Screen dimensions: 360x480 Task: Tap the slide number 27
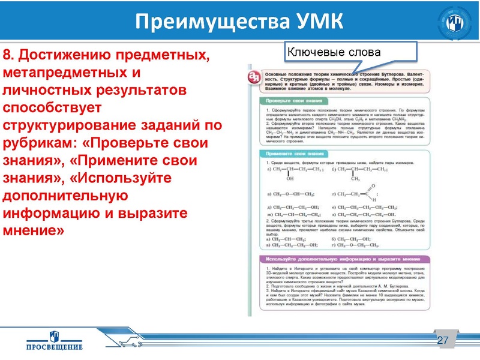coord(443,341)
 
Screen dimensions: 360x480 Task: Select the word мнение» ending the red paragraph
coord(33,230)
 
